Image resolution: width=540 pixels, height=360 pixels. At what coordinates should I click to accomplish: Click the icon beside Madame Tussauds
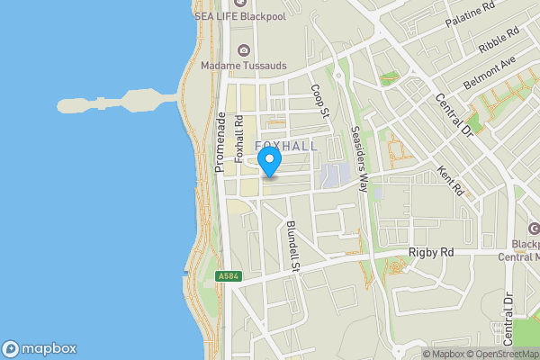241,50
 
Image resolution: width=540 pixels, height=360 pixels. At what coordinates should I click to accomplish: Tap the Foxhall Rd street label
239,137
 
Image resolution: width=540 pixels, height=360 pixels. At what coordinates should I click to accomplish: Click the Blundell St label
292,245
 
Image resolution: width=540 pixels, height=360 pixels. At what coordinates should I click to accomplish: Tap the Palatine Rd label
474,16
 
